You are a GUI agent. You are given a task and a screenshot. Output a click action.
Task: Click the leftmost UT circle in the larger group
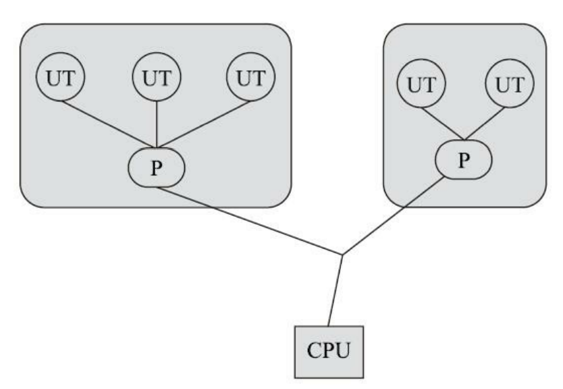pyautogui.click(x=62, y=78)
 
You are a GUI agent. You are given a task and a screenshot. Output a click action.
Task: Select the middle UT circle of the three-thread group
pyautogui.click(x=157, y=78)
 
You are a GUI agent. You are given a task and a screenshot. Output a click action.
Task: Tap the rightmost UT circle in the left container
pyautogui.click(x=250, y=78)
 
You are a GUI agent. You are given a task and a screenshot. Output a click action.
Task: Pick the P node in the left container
pyautogui.click(x=157, y=167)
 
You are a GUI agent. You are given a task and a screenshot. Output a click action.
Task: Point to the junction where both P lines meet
pyautogui.click(x=343, y=255)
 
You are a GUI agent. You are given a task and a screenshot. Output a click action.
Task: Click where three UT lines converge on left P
pyautogui.click(x=157, y=147)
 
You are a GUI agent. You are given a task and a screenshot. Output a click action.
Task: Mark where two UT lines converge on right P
pyautogui.click(x=464, y=142)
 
